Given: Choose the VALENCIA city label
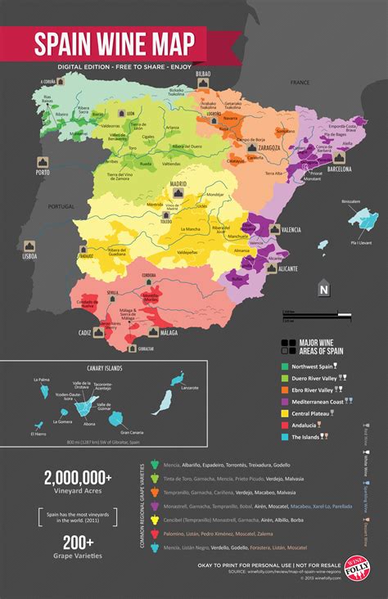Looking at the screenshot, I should click(x=291, y=232).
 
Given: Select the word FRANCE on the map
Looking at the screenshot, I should click(x=300, y=83).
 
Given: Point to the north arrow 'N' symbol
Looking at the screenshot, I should click(x=323, y=289).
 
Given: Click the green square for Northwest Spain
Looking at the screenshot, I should click(x=284, y=366).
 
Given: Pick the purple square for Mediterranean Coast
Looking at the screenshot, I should click(x=284, y=401).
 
